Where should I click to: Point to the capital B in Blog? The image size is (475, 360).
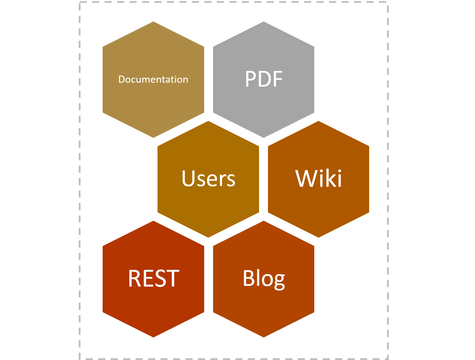coord(249,278)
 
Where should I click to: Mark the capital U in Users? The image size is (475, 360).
coord(189,178)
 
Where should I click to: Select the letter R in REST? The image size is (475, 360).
coord(135,278)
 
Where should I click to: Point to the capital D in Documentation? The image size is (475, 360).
coord(122,79)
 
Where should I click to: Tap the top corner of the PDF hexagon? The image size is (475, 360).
coord(264,21)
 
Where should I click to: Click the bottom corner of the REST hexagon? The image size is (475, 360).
coord(153,338)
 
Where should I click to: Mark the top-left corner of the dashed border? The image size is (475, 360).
coord(80,2)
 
